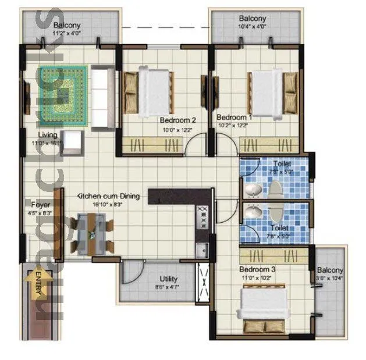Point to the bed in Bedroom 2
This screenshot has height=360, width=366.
point(155,90)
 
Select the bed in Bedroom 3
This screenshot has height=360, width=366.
point(265,305)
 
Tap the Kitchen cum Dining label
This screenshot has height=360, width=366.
point(108,197)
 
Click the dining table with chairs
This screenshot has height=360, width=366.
point(93,233)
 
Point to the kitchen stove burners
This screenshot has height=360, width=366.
point(203,218)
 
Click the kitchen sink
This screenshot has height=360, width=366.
point(202,250)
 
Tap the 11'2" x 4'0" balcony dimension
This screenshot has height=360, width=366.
point(67,34)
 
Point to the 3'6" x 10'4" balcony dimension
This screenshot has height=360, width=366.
point(331,279)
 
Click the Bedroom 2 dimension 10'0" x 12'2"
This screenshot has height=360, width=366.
point(177,130)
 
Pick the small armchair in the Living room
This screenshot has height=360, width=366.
point(72,141)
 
